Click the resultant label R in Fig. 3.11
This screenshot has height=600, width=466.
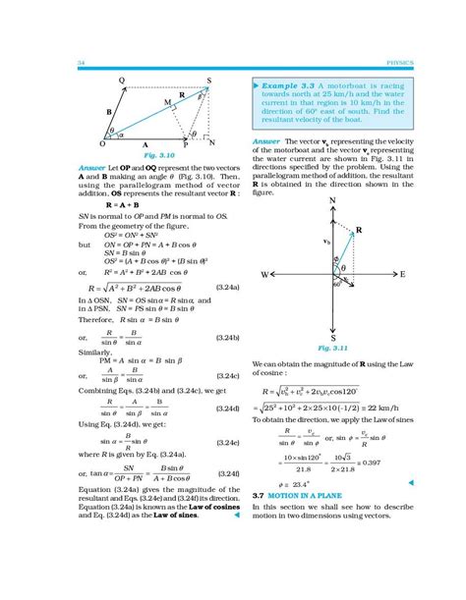(361, 229)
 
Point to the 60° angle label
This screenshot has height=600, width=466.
(335, 285)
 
